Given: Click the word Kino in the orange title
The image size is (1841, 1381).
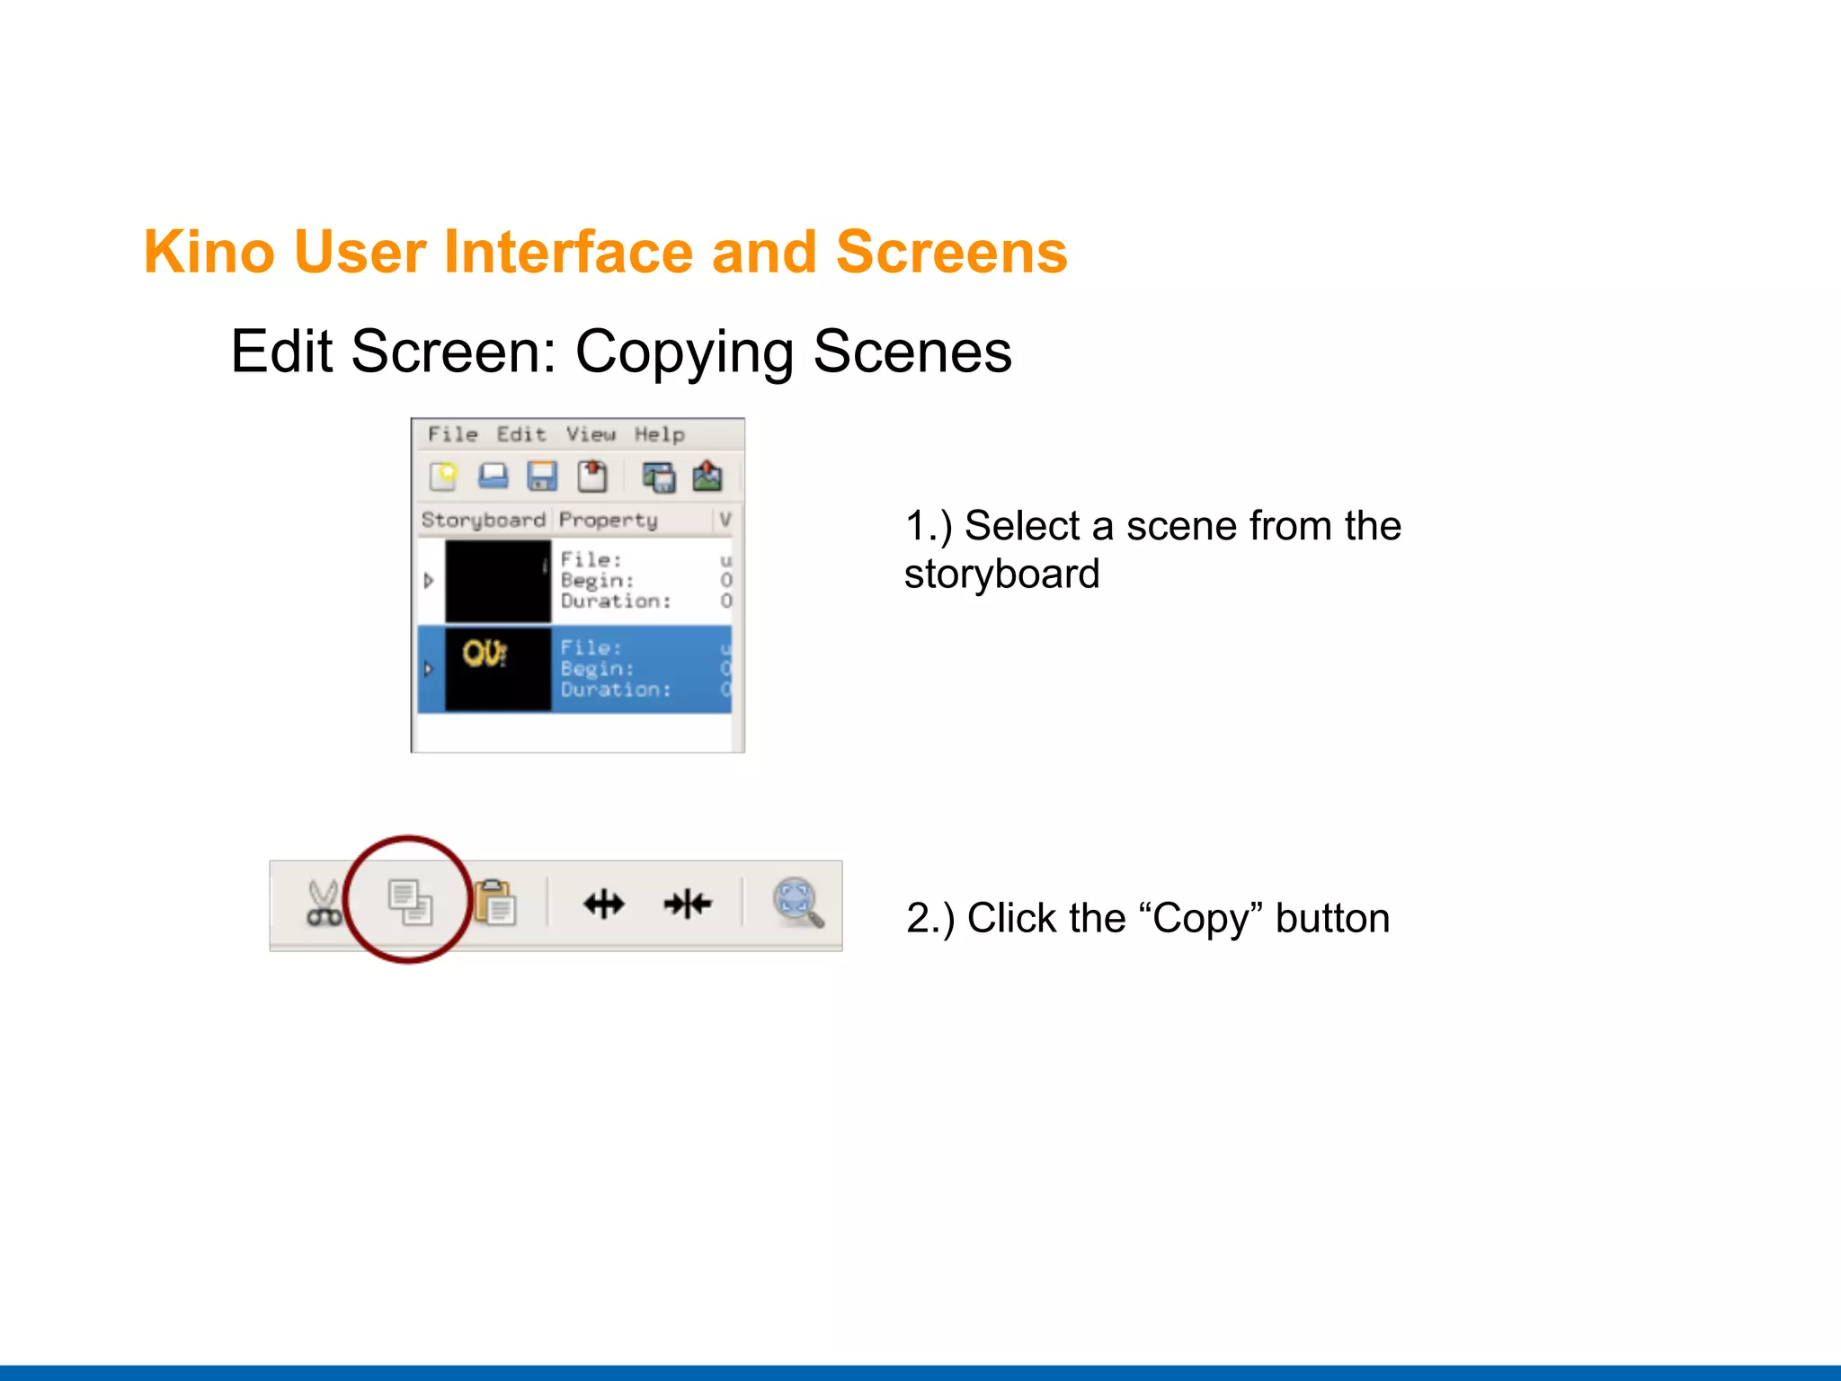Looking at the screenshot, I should coord(209,252).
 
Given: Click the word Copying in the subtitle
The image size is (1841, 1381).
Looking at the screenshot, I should coord(683,352).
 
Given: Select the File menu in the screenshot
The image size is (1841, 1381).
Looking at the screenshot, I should coord(452,434).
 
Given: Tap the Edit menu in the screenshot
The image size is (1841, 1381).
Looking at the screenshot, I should coord(521,434).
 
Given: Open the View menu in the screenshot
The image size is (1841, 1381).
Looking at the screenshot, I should coord(591,434).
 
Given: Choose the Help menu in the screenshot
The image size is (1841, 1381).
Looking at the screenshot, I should coord(660,434).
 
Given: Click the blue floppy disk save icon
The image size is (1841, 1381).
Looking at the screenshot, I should coord(542,476).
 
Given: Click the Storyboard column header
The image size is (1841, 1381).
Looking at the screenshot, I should coord(484,520).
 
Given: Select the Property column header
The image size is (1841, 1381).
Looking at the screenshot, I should coord(609,520).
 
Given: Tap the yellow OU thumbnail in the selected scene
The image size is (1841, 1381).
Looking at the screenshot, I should coord(485,654).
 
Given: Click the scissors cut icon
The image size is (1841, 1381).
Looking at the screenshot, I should coord(323,904).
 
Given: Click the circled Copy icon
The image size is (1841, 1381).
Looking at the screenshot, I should coord(410,902).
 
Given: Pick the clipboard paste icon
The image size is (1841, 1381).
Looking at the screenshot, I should coord(495,903).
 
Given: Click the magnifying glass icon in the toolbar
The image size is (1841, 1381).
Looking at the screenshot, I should coord(798,902).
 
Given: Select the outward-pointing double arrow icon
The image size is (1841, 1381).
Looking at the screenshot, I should coord(604,904).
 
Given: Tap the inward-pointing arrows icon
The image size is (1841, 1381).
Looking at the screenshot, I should coord(688,904).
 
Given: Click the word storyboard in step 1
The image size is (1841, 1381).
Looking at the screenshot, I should coord(1001,575).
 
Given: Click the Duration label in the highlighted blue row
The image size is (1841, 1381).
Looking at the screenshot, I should coord(616,690).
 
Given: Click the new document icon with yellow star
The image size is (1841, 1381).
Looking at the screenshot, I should coord(443,476).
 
